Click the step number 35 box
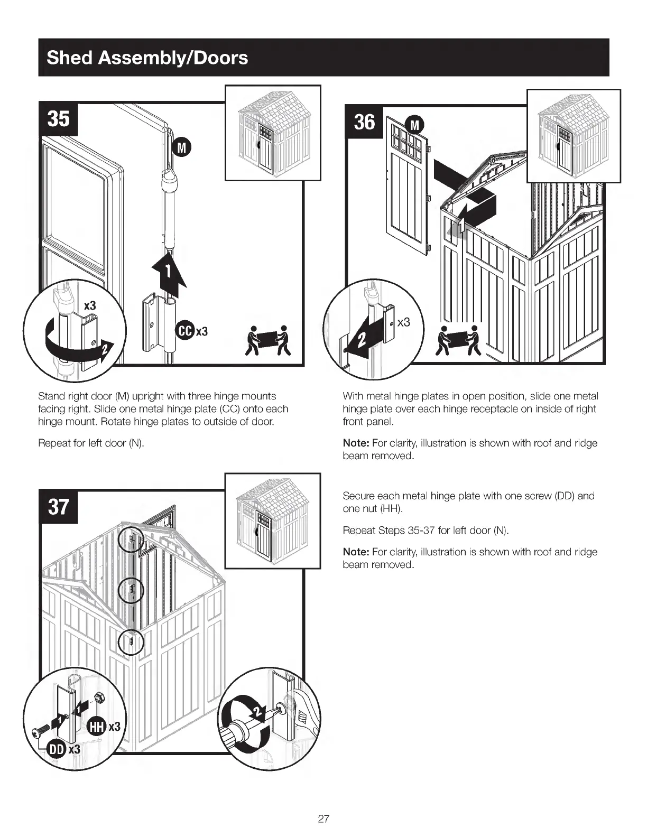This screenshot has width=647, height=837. coord(59,119)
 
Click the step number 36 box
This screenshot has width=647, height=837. coord(364,122)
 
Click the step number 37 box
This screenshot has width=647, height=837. coord(59,507)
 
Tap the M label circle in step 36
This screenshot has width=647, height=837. coord(415,125)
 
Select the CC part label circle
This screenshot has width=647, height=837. coord(185,331)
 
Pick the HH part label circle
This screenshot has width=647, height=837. coord(96,727)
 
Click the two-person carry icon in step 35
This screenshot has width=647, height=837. coord(269,341)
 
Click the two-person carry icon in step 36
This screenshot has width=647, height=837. coord(459,341)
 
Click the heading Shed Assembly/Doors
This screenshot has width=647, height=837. coord(147,58)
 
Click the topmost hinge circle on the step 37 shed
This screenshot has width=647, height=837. coord(131,540)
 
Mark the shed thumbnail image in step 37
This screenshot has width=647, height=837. coord(273,520)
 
